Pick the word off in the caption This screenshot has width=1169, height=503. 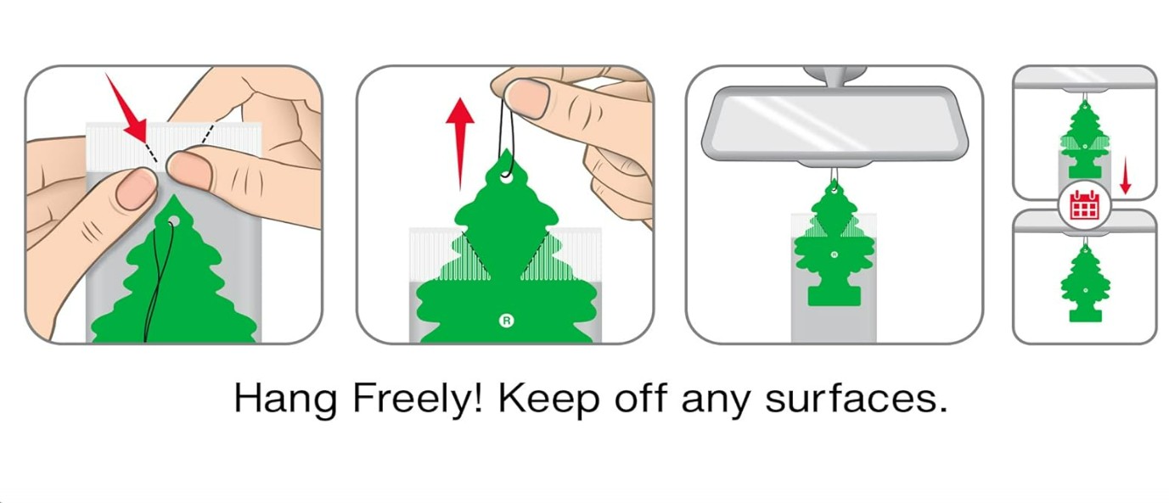coord(641,399)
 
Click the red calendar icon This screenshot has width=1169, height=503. coord(1084,205)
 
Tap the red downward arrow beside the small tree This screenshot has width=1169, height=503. coord(1126,176)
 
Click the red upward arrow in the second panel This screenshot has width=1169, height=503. coord(460,143)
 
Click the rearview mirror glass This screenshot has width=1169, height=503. coord(834,124)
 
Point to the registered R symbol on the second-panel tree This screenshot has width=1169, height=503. coord(506,320)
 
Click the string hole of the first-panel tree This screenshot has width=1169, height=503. coord(173,222)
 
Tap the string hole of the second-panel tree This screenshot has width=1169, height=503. coord(506,178)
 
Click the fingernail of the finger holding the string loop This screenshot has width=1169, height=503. coord(527,98)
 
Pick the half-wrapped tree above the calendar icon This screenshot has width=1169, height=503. coord(1085,140)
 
